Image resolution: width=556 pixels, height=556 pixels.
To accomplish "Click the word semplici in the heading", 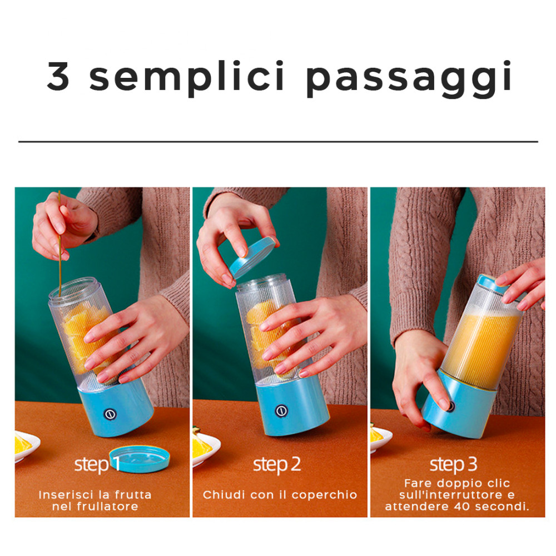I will pos(187,78).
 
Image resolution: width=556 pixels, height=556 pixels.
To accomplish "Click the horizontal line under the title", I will pos(278,141).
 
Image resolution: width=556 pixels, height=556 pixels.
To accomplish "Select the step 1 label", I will pos(98,464).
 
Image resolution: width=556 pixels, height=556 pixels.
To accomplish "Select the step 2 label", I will pos(277,464).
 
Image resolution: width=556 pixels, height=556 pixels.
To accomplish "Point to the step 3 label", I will pos(454,464).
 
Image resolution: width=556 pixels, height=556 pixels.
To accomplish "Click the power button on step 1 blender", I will pos(110,415).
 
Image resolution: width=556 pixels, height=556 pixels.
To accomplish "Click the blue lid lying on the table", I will pos(139,458).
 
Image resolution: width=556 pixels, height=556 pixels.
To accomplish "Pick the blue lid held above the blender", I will pos(253,257).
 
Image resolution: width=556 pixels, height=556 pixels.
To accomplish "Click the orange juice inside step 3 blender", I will pos(481,345).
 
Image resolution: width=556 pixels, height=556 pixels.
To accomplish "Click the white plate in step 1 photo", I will pos(25,445).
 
